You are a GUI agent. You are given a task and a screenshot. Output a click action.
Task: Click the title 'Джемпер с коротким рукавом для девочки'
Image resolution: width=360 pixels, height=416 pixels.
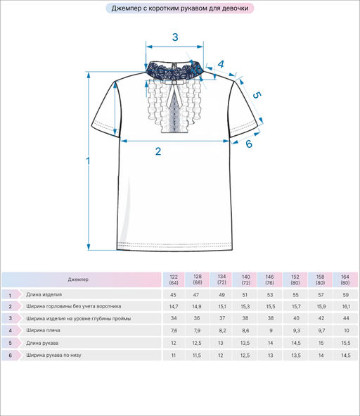[180, 8]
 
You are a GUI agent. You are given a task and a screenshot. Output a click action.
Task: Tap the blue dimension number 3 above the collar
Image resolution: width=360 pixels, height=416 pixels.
[175, 37]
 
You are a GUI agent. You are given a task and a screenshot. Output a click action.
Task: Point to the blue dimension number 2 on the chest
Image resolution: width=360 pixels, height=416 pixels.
[158, 151]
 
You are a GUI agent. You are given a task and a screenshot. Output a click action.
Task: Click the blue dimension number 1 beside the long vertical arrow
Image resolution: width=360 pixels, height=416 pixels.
[88, 160]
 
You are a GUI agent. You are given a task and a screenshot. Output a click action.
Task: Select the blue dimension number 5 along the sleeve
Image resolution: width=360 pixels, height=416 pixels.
[257, 95]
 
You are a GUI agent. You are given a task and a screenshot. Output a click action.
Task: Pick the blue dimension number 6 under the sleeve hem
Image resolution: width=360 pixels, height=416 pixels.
[249, 144]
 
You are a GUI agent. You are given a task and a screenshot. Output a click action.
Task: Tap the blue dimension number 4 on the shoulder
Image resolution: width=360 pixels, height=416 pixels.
[221, 64]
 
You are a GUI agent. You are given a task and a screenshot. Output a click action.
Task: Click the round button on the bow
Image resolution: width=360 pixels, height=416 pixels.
[174, 83]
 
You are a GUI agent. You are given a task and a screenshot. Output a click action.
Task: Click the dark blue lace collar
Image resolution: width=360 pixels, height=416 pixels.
[174, 70]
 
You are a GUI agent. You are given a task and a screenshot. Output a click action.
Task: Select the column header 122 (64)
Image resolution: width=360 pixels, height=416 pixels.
[174, 279]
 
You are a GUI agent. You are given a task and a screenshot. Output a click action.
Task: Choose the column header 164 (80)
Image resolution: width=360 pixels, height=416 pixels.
[345, 279]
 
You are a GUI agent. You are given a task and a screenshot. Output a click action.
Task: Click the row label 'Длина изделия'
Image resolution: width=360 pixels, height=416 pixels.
[44, 294]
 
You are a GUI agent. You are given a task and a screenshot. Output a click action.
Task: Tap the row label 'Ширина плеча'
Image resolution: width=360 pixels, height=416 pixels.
[43, 330]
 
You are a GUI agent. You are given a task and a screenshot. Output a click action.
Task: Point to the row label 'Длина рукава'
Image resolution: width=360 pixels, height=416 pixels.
[42, 343]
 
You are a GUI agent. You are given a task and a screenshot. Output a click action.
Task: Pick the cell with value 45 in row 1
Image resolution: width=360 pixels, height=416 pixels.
[174, 295]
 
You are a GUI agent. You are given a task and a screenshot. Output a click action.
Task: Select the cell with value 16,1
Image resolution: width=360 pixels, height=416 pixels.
[346, 306]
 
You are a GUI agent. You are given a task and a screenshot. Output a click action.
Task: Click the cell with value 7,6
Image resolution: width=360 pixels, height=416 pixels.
[174, 331]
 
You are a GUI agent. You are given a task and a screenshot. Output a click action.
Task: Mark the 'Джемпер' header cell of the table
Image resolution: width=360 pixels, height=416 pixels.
[82, 279]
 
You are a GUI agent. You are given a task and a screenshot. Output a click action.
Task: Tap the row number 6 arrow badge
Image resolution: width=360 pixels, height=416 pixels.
[11, 355]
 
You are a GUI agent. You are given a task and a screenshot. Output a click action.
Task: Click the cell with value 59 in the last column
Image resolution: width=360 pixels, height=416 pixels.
[346, 295]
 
